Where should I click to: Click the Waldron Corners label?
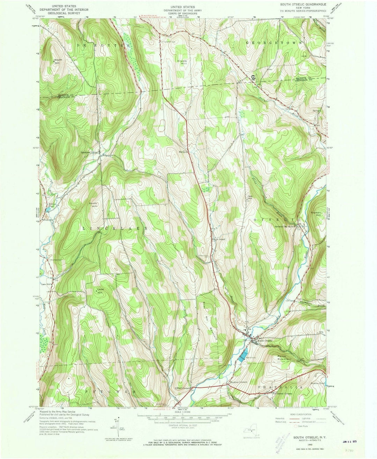(238, 382)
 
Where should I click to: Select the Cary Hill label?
(250, 197)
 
